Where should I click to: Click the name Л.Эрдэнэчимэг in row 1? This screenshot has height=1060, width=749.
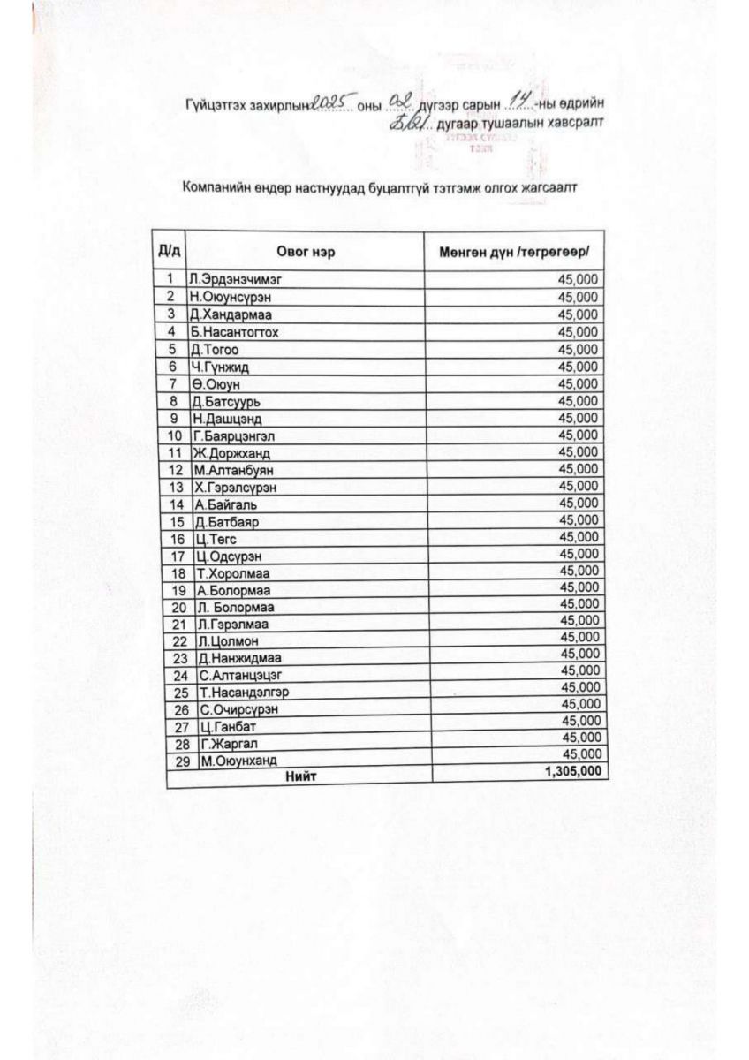[x=231, y=279]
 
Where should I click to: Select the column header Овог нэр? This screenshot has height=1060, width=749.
[x=306, y=253]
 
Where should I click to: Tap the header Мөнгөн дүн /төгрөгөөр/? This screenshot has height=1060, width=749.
[x=514, y=254]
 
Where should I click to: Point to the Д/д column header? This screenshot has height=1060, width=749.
[x=168, y=252]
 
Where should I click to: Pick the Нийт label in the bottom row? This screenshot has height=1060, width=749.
[x=299, y=776]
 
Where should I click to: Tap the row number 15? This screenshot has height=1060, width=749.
[x=177, y=522]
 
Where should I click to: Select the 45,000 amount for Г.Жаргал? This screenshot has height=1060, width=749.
[x=581, y=738]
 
